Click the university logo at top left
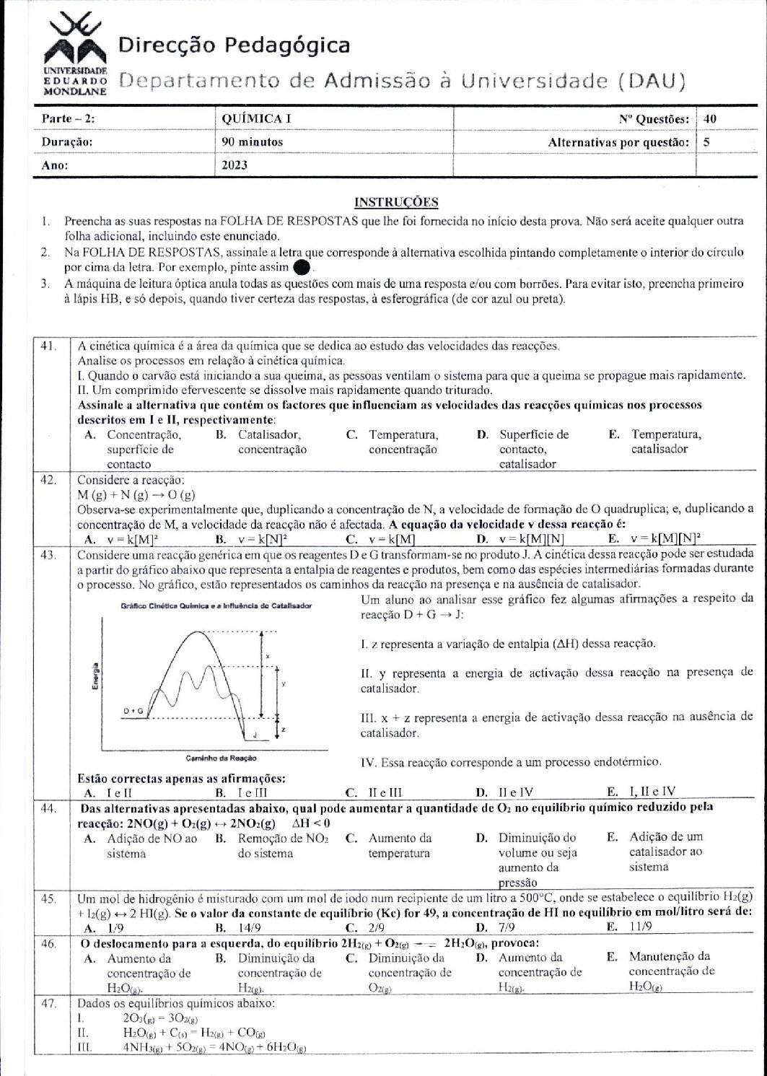75,54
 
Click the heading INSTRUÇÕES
396,203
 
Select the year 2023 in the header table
235,165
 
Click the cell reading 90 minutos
253,142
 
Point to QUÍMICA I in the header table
251,119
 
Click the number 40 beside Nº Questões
710,119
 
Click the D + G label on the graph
134,712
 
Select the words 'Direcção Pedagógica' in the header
234,46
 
